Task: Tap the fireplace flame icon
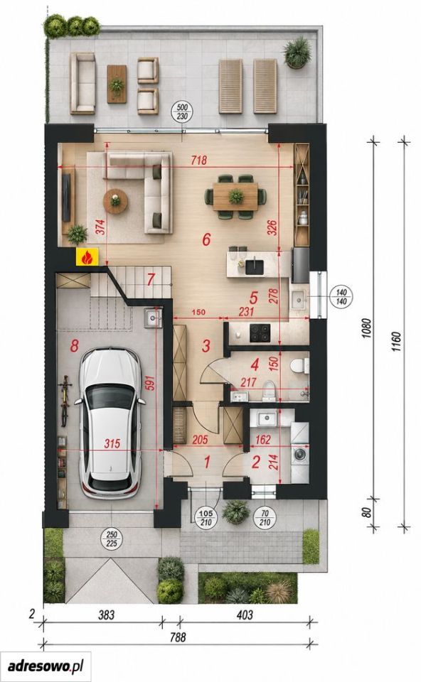pyautogui.click(x=87, y=257)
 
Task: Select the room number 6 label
pyautogui.click(x=206, y=239)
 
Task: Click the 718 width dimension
pyautogui.click(x=198, y=160)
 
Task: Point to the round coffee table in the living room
pyautogui.click(x=115, y=201)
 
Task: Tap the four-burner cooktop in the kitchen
pyautogui.click(x=260, y=333)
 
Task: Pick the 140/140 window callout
pyautogui.click(x=342, y=297)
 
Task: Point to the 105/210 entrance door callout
pyautogui.click(x=206, y=518)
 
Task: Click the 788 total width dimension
pyautogui.click(x=177, y=637)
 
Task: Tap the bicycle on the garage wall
pyautogui.click(x=65, y=401)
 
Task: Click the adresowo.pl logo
pyautogui.click(x=46, y=666)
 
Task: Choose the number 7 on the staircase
pyautogui.click(x=151, y=280)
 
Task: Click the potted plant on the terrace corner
pyautogui.click(x=297, y=53)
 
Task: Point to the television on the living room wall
pyautogui.click(x=67, y=197)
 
